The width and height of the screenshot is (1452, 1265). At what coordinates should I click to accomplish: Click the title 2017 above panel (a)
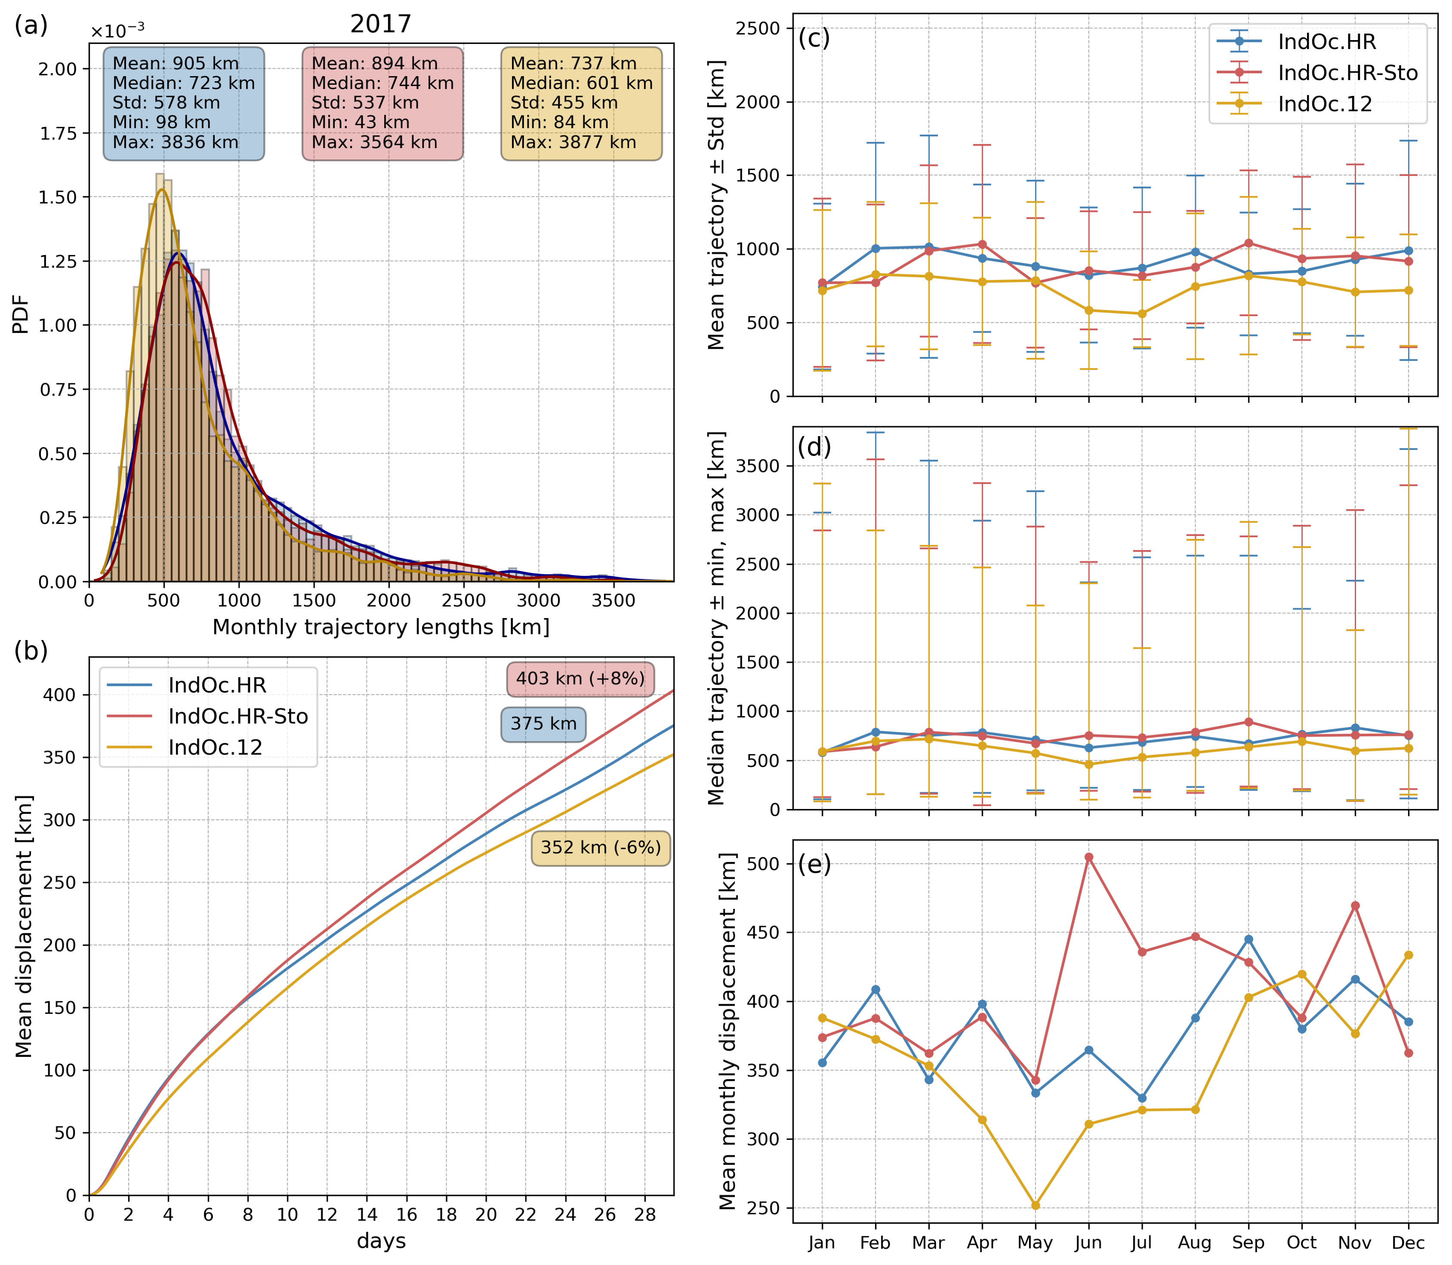(380, 25)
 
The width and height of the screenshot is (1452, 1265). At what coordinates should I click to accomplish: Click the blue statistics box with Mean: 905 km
(184, 103)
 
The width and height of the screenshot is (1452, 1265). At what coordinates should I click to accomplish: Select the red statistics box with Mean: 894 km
(382, 103)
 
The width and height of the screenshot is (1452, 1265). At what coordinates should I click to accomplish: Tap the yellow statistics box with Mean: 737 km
(582, 103)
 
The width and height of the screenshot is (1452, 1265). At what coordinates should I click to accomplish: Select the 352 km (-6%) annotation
(601, 848)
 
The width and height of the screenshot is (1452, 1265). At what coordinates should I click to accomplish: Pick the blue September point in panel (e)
(1249, 939)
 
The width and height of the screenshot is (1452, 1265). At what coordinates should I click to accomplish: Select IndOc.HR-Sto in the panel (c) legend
(1347, 73)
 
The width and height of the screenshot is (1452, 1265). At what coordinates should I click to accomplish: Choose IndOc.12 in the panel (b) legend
(215, 748)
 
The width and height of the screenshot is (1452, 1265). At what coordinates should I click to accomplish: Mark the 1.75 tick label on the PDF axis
(58, 133)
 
